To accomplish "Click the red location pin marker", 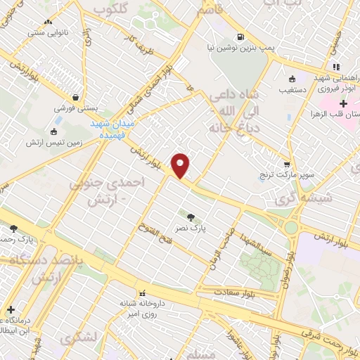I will coord(181,165).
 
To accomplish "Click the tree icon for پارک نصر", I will coord(191,216).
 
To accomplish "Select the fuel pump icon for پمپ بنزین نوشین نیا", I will coord(241,37).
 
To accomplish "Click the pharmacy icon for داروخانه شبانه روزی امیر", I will coord(143,292).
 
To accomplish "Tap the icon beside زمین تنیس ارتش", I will coord(54,131).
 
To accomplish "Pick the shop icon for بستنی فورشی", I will coord(75,98).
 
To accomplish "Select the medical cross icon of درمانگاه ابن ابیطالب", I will coord(11,309).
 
